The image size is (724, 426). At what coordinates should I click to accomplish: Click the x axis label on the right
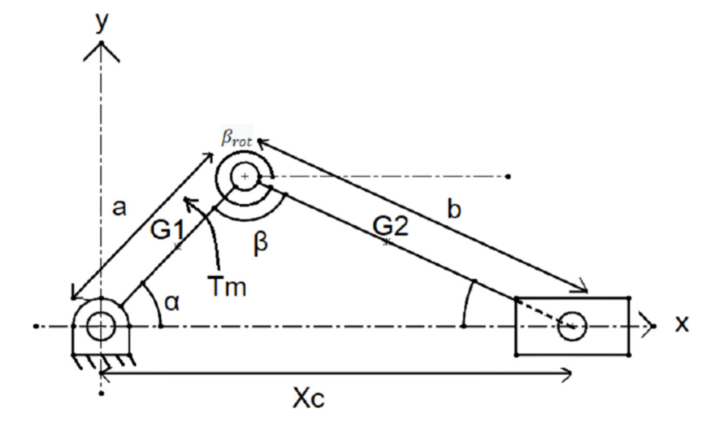(681, 324)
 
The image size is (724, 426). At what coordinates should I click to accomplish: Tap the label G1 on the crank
(167, 230)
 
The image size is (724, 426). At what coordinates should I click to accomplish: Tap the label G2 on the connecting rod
(390, 226)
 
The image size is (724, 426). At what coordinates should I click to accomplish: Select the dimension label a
(119, 208)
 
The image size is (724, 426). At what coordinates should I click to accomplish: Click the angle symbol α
(172, 303)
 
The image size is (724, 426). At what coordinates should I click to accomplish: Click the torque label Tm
(227, 286)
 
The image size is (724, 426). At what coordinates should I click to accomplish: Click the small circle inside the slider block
(572, 326)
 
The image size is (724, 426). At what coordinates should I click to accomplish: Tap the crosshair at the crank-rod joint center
(245, 177)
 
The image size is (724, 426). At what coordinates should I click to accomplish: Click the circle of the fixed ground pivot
(101, 326)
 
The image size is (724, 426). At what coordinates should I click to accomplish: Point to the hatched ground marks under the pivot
(103, 362)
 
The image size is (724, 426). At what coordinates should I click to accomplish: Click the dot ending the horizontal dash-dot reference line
(508, 177)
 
